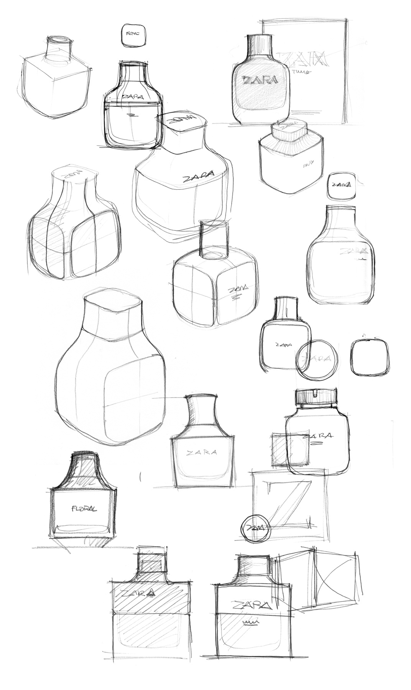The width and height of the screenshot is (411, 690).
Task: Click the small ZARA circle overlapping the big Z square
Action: (256, 528)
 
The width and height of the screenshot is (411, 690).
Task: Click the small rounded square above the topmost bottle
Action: (134, 35)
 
